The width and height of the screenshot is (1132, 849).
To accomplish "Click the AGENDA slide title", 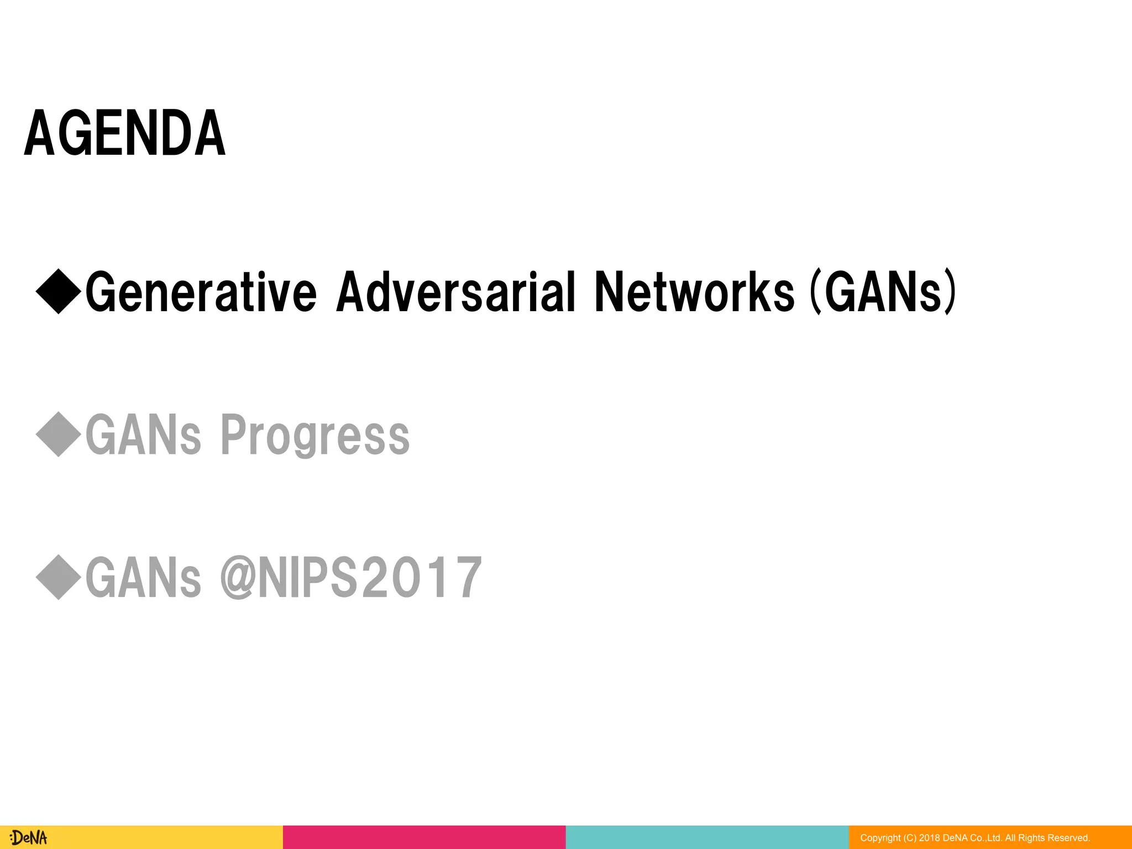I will click(x=125, y=133).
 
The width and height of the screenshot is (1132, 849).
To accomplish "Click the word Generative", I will click(x=201, y=292).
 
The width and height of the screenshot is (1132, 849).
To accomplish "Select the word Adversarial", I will click(x=456, y=292).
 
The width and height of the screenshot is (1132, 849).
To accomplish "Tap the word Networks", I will click(x=694, y=292).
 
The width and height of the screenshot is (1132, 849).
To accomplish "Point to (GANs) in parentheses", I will click(x=883, y=292).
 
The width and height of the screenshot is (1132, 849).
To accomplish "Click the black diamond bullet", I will click(x=59, y=291).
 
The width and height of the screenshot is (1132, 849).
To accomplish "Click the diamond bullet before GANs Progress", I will click(x=59, y=434).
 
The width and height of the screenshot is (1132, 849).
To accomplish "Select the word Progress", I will click(x=315, y=436).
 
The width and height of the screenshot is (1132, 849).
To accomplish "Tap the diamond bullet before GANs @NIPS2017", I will click(x=59, y=577).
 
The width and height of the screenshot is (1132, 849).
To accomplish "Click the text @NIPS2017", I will click(x=352, y=578).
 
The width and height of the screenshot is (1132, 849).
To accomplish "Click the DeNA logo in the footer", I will click(x=29, y=837).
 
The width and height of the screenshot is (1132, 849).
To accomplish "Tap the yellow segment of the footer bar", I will click(x=166, y=837).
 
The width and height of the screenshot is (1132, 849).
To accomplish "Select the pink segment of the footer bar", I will click(x=424, y=837).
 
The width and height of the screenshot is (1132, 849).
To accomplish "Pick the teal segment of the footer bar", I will click(x=707, y=837).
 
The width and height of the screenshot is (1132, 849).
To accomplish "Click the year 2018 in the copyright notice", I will click(x=929, y=838).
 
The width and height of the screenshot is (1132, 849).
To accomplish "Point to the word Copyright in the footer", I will click(x=880, y=838).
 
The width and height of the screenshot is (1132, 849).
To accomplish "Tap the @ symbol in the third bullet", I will click(x=238, y=578).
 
